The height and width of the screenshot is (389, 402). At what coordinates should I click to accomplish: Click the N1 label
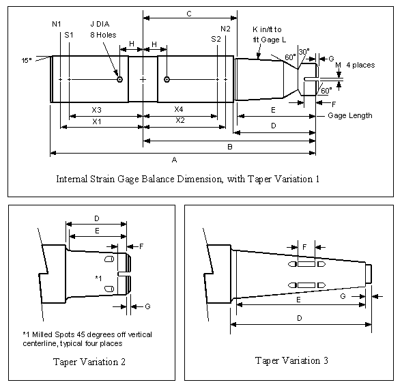point(57,24)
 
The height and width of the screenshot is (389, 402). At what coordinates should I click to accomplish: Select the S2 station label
point(216,39)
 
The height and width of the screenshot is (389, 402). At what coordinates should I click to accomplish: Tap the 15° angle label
point(27,61)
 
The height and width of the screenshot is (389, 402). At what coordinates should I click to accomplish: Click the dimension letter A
point(174,160)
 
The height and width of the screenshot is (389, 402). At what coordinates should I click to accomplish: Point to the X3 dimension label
point(97,110)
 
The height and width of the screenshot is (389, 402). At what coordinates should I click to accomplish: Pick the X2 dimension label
point(180,120)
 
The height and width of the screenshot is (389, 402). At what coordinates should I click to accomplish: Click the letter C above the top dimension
point(189,14)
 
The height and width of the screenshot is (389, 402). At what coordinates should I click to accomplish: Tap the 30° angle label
point(304,52)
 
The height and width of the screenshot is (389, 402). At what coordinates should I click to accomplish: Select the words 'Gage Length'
point(350,115)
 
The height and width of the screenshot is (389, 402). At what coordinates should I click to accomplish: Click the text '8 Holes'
point(103,35)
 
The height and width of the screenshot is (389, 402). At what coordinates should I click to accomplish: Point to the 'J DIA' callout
point(100,24)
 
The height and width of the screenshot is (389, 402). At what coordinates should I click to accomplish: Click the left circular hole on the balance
point(119,79)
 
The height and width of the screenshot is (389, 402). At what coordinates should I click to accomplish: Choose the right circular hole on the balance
point(167,79)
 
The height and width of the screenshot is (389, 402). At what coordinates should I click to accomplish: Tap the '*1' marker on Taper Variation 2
point(98,278)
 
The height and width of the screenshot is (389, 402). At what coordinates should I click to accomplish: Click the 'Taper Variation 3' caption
point(291,360)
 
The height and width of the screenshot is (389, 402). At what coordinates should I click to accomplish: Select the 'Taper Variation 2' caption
point(89,362)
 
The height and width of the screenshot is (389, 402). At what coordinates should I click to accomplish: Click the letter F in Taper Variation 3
point(304,247)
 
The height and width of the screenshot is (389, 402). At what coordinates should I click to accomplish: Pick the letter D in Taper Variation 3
point(300,318)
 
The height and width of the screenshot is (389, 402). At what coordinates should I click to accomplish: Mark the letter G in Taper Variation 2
point(147,306)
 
